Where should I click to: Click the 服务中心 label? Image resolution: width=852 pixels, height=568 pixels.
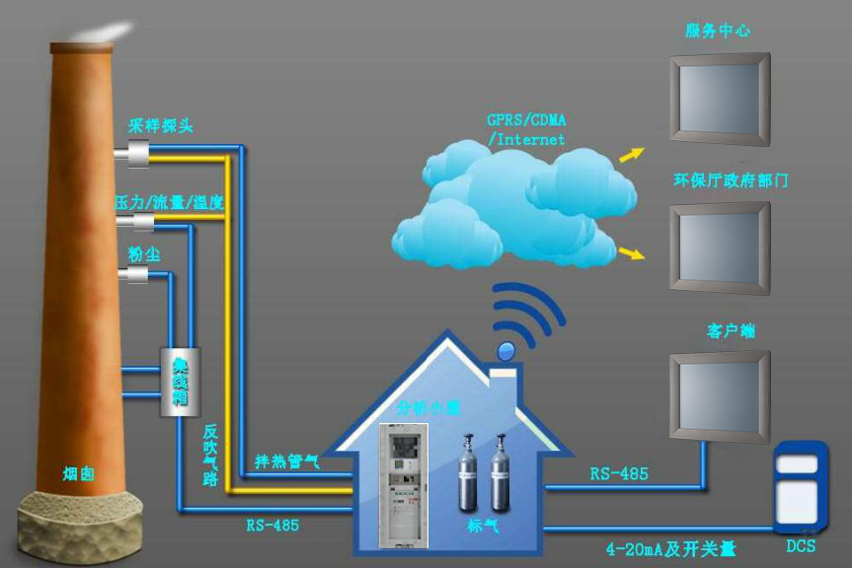(718, 31)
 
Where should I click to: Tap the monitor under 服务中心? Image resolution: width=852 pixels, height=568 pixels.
(719, 99)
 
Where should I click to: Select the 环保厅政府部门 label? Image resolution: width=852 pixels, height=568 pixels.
(731, 181)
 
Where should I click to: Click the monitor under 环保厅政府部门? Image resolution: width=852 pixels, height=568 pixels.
(719, 248)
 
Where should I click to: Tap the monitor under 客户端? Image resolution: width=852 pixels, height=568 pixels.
(719, 396)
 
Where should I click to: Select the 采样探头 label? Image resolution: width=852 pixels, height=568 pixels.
(161, 125)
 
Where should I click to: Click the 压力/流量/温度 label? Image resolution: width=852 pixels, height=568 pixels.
(169, 202)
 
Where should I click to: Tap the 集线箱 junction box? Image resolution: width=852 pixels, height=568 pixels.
(181, 380)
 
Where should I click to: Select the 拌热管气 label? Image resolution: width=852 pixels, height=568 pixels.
(286, 461)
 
